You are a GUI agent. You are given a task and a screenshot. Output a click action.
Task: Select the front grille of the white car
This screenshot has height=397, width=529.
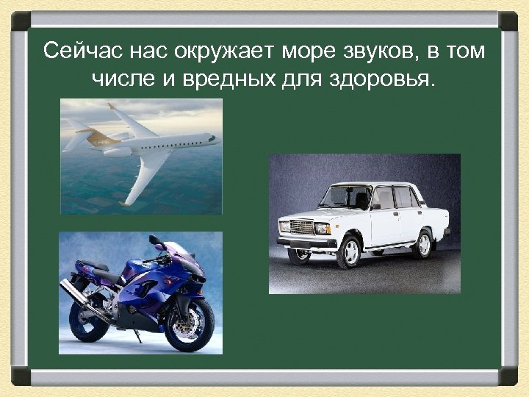[x=301, y=227]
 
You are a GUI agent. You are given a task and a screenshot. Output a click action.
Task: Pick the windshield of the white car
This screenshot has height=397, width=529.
[x=346, y=196]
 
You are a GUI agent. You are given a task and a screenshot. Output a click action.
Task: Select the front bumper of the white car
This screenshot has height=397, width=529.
[x=306, y=242]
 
